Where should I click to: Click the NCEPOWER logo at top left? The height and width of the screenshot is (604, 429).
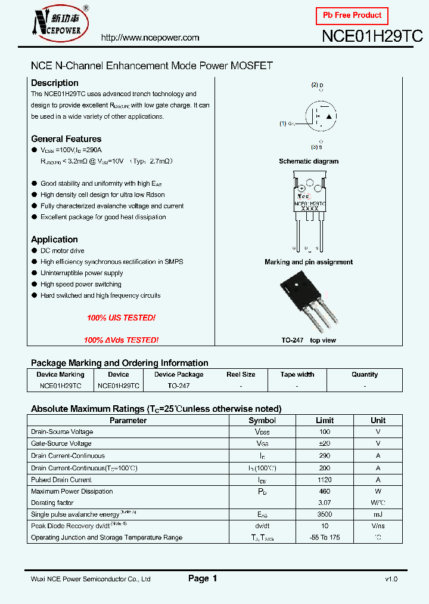pos(60,23)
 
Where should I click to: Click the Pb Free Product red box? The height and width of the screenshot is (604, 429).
pos(352,16)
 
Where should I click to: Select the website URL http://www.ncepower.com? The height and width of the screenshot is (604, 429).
pos(150,38)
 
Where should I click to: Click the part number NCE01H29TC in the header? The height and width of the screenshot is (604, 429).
pos(372,36)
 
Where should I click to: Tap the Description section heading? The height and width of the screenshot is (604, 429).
pos(54,83)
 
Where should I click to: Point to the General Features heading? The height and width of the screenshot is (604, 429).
pos(66,139)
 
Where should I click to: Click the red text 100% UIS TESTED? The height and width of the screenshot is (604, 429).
pos(121,318)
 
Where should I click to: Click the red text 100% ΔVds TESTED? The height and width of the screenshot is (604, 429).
pos(121,340)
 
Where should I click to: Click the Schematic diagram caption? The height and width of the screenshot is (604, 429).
pos(309,161)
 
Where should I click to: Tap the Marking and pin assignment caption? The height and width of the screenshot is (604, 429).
pos(309,262)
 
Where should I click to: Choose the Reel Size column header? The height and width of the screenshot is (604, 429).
pos(241,375)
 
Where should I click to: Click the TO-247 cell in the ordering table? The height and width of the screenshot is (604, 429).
pos(179,386)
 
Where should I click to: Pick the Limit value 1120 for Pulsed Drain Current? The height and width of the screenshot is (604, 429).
pos(325,480)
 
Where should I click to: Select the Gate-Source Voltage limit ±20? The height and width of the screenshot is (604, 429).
pos(325,443)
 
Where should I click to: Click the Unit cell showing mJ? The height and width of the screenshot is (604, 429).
pos(378,514)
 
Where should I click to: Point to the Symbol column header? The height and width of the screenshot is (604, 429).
pos(262,420)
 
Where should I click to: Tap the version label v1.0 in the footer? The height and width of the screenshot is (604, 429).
pos(391,579)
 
